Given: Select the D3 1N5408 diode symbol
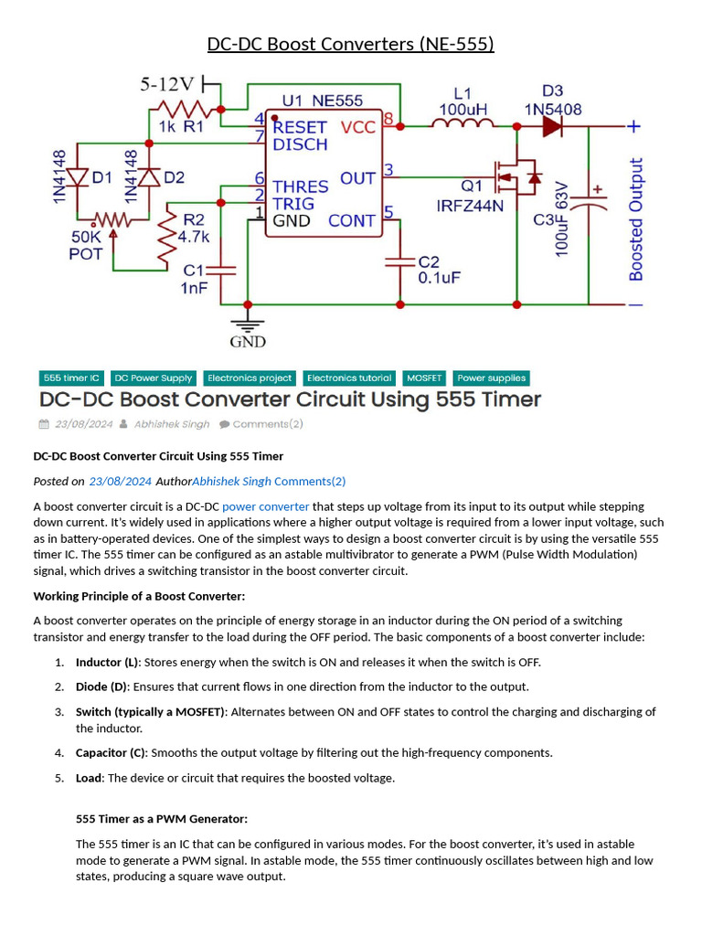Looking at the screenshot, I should point(552,128).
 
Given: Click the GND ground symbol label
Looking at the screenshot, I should point(248,342).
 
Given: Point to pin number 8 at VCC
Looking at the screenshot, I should point(388,119).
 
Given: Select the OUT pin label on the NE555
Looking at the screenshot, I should point(357,177).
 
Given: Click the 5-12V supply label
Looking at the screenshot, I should point(167,84).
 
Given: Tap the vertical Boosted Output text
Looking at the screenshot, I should point(636,219).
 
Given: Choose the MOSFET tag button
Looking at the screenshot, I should point(424,378).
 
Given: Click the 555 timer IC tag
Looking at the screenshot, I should point(70,378).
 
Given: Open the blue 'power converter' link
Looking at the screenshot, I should point(265,505).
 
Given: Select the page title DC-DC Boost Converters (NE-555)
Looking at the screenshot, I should point(350,44).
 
